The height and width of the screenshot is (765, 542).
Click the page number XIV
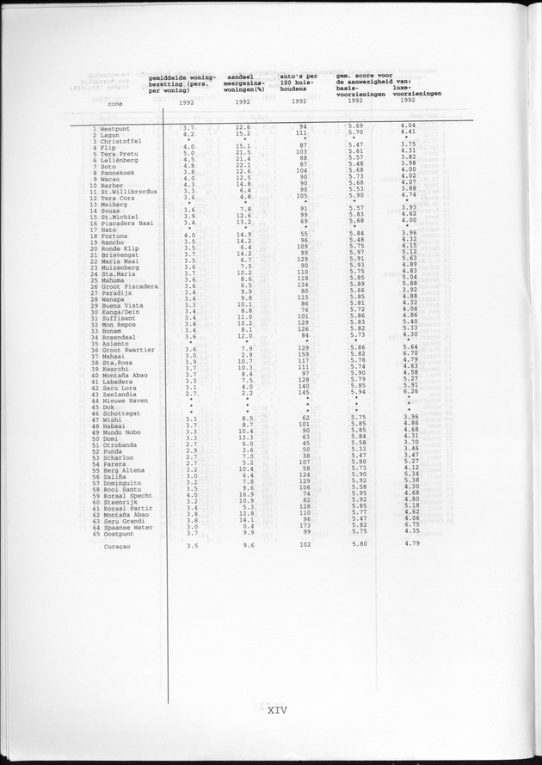tap(275, 709)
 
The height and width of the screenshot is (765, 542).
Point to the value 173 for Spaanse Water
tap(303, 526)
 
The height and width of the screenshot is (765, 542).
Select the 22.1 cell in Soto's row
tap(243, 165)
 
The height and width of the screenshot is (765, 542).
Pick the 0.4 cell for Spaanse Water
tap(246, 526)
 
